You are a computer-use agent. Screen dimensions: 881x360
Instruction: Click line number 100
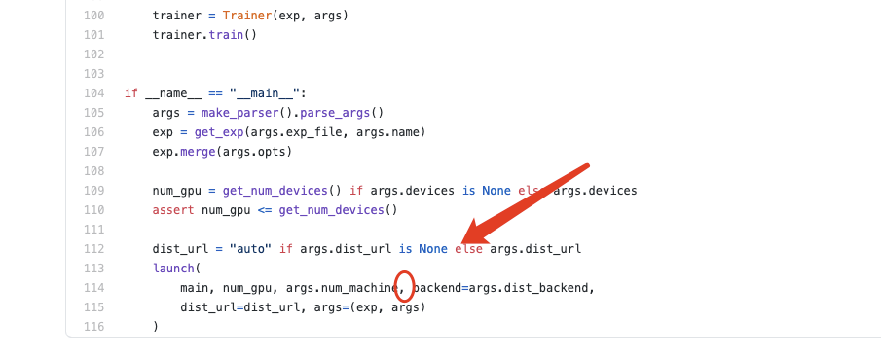click(94, 16)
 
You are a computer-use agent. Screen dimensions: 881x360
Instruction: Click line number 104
click(94, 93)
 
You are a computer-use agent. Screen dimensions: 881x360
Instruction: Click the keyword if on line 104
click(131, 93)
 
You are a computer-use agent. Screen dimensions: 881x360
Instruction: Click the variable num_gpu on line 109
click(173, 191)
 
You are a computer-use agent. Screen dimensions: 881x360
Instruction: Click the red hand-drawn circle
click(405, 286)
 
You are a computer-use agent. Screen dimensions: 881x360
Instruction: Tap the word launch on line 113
click(173, 268)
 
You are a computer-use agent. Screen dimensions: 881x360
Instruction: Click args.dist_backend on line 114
click(531, 288)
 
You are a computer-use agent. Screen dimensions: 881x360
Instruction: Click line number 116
click(94, 327)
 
